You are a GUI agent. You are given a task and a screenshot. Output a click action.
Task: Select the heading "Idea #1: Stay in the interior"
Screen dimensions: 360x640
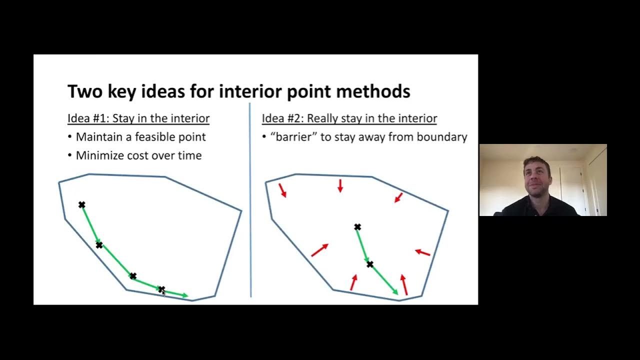coord(138,118)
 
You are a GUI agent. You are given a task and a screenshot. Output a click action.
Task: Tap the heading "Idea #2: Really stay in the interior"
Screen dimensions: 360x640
coord(349,118)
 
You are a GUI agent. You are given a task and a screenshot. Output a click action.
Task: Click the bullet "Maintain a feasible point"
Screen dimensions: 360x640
coord(140,137)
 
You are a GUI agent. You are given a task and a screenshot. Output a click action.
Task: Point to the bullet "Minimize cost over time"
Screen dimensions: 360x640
coord(138,155)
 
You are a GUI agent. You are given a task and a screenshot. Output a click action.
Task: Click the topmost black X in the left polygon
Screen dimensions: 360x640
coord(82,204)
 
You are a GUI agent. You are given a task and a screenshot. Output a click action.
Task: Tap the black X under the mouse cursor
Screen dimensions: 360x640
coord(161,289)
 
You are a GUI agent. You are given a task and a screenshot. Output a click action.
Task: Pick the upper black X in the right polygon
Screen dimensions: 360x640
coord(357,227)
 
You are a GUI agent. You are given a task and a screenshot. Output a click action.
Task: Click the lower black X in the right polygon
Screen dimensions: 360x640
coord(370,264)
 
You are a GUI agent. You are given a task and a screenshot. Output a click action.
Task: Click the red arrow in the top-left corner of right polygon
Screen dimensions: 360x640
coord(282,190)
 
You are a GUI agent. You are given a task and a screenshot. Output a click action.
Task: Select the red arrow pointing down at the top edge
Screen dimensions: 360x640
coord(340,186)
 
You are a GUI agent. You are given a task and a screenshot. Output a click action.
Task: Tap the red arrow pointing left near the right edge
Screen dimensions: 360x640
coord(422,252)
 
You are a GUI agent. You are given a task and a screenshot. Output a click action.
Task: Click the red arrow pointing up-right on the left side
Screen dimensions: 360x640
coord(319,250)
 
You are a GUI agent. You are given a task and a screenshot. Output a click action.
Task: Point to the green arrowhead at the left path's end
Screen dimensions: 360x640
coord(185,296)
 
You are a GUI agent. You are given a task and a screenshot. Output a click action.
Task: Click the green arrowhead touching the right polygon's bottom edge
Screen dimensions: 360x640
coord(395,291)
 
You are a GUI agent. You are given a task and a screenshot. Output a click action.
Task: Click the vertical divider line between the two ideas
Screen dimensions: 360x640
coord(250,200)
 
